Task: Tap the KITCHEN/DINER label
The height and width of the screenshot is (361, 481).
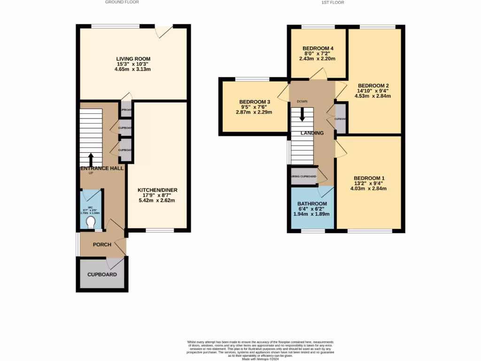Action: click(x=157, y=190)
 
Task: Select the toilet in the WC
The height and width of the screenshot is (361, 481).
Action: click(x=91, y=221)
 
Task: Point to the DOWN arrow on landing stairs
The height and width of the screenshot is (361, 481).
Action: click(x=302, y=115)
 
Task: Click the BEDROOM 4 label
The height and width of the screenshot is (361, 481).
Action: click(x=318, y=48)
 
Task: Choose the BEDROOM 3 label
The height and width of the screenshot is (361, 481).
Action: click(x=255, y=102)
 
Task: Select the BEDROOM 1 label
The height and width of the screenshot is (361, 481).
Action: click(x=369, y=178)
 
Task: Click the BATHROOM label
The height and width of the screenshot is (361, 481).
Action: click(x=311, y=204)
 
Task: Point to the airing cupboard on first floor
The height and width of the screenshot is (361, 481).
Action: click(x=304, y=176)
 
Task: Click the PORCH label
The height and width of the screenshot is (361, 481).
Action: click(x=102, y=244)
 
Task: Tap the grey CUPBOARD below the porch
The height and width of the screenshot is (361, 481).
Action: click(x=102, y=275)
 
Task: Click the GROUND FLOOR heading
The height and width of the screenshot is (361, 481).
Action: click(x=122, y=2)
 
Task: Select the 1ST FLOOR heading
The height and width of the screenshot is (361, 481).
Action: click(x=333, y=2)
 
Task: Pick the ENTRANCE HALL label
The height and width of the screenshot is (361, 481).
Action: click(x=102, y=168)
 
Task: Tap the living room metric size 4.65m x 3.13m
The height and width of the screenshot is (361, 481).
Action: click(x=132, y=69)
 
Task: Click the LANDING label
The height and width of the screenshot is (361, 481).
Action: click(x=312, y=133)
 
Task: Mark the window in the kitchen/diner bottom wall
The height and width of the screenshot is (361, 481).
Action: click(x=159, y=230)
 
